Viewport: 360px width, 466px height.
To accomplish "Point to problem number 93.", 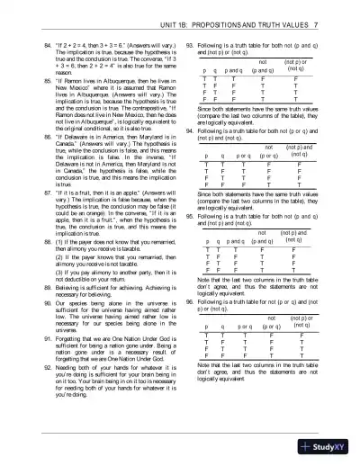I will click(x=189, y=42).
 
